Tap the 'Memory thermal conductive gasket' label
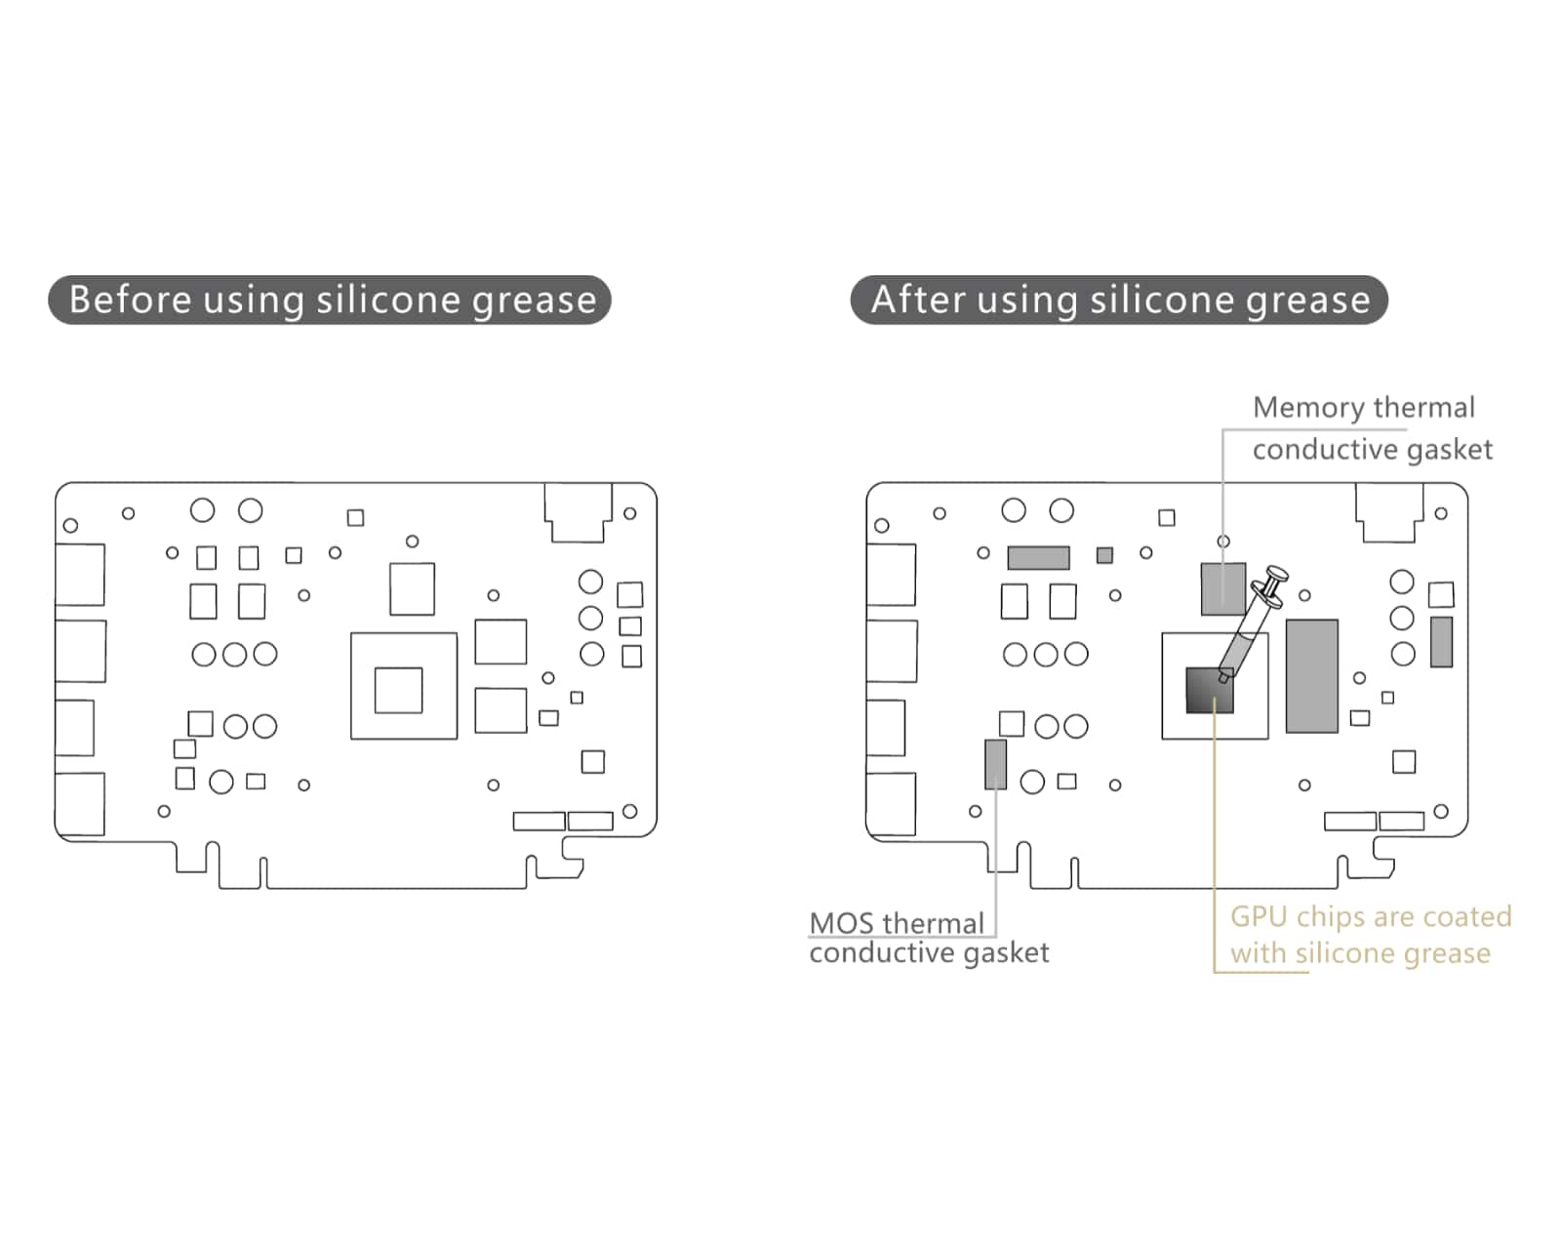click(x=1371, y=428)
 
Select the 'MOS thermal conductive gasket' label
click(x=928, y=938)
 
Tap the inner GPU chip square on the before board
click(x=398, y=690)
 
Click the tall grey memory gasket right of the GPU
click(x=1311, y=675)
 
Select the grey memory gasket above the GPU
click(x=1223, y=588)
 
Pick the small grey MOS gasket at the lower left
click(x=995, y=764)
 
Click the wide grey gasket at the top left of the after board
click(x=1038, y=557)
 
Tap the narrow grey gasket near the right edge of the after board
click(x=1441, y=641)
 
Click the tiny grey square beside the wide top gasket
click(x=1104, y=555)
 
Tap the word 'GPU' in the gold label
click(x=1259, y=917)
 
